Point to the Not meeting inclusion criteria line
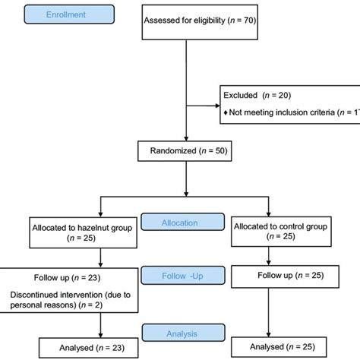(292, 113)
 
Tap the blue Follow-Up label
(180, 279)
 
